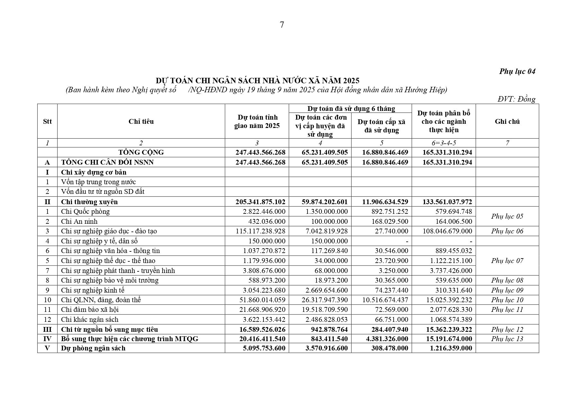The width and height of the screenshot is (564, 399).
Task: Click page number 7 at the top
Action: (282, 25)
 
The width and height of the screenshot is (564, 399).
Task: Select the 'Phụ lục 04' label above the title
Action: (517, 71)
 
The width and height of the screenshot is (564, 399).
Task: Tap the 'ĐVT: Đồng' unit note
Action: (516, 99)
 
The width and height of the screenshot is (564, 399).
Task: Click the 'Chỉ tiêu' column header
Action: (141, 122)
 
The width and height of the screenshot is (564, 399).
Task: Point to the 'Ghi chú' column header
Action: (507, 122)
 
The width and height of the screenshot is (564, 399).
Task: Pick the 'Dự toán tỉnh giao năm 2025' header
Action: (257, 122)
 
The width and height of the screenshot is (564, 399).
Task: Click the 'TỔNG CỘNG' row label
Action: (141, 152)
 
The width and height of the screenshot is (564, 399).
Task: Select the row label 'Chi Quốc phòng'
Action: (85, 212)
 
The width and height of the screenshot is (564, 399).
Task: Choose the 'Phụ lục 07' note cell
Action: (507, 261)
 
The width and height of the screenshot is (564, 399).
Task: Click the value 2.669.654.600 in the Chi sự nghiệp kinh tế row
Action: (325, 290)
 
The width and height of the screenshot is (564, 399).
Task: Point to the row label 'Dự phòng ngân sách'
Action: (93, 348)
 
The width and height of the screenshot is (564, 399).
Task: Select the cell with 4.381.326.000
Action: (385, 339)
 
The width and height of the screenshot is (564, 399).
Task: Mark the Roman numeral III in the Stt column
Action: (47, 330)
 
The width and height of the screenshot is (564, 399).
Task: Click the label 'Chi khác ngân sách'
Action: (90, 320)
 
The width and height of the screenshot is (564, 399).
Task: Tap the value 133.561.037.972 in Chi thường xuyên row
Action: (447, 202)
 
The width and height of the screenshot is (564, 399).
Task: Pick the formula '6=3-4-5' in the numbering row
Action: (443, 143)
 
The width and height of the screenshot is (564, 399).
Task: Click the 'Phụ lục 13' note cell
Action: (507, 339)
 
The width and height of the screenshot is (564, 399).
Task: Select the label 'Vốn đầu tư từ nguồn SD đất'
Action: (103, 192)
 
